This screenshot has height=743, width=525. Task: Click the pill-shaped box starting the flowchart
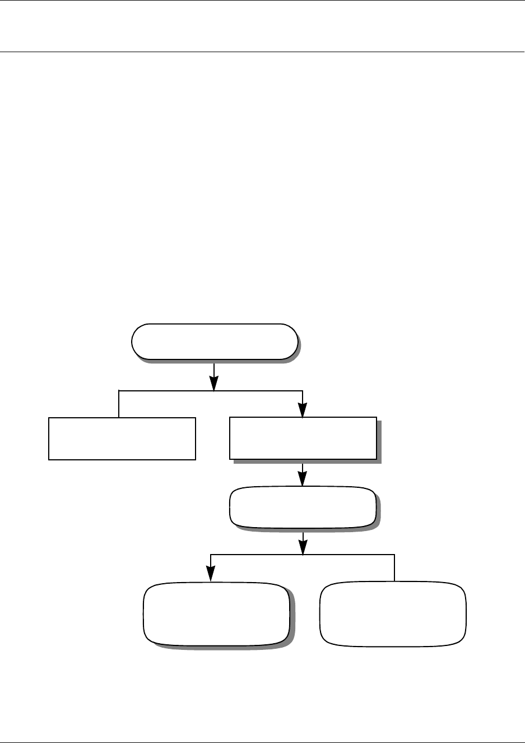214,341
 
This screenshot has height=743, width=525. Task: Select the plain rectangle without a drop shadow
122,439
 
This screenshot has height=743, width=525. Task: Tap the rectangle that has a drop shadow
303,439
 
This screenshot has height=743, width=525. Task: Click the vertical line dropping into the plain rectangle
119,404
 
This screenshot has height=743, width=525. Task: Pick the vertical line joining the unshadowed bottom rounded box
394,568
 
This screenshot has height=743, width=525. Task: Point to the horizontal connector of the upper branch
168,390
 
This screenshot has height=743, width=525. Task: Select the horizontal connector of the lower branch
347,555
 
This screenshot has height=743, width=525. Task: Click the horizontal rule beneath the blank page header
262,52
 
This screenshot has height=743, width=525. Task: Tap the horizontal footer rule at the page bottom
262,742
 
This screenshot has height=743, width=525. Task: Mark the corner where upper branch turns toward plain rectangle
119,390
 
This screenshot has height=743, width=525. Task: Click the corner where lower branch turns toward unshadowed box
394,555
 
